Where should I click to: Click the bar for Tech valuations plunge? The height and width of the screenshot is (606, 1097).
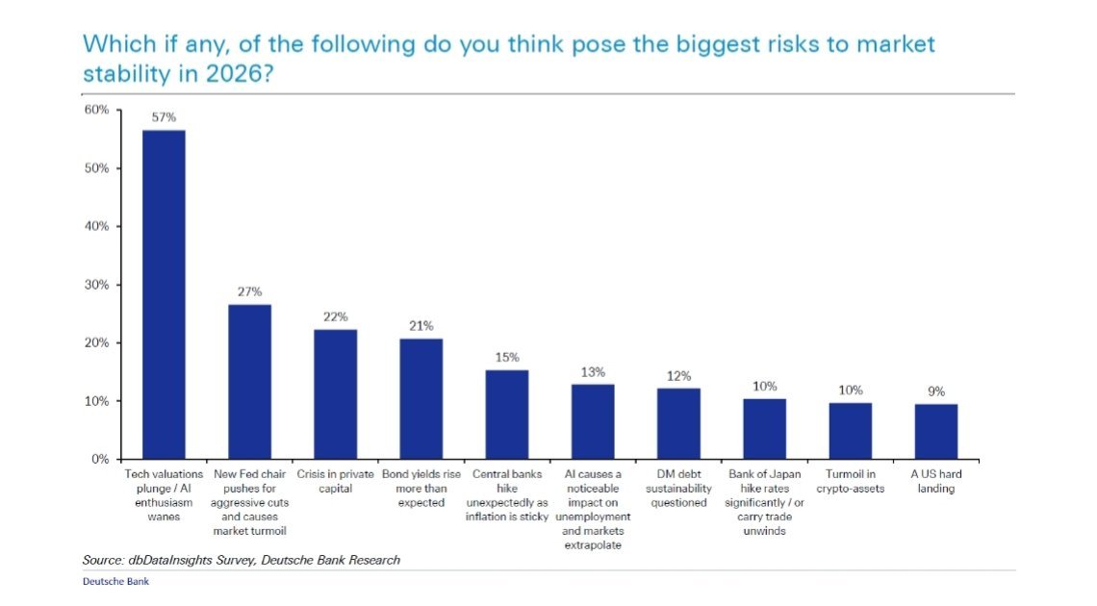[x=164, y=294]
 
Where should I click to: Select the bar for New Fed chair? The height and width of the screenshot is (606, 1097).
[x=249, y=382]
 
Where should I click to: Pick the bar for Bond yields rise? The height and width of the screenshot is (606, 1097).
[x=421, y=398]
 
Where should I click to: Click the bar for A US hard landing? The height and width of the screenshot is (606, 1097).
[x=935, y=431]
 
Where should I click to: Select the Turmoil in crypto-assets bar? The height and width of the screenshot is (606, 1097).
[x=850, y=431]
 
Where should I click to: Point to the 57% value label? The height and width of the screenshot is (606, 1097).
[x=164, y=117]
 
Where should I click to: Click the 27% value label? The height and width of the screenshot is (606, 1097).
[x=249, y=291]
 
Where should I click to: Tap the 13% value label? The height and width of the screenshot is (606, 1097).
[x=593, y=371]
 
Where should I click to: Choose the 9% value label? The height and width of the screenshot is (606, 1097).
[x=935, y=391]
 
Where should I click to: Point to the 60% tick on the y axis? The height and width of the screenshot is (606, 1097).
[x=97, y=110]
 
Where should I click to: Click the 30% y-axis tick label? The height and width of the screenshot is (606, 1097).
[x=97, y=285]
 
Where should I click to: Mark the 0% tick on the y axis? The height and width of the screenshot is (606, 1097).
[x=100, y=459]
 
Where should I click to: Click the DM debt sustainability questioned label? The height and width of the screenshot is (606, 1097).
[x=678, y=488]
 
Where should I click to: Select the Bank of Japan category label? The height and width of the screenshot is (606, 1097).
[x=764, y=502]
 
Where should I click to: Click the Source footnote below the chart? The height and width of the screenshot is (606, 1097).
[x=241, y=560]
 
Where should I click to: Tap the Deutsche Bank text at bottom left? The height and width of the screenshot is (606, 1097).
[x=115, y=581]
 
